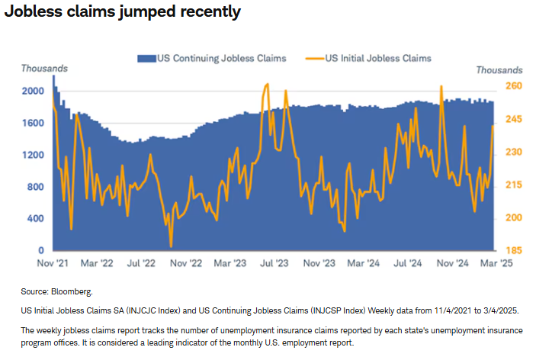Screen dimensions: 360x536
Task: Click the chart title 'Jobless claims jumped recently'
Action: [x=123, y=11]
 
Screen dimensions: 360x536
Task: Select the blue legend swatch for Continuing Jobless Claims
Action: [x=147, y=58]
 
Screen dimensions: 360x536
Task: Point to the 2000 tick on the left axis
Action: [x=32, y=91]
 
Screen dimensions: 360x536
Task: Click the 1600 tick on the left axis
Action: [x=32, y=123]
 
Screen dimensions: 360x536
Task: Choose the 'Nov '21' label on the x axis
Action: [x=53, y=263]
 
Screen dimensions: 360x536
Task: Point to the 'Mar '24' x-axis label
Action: [x=363, y=263]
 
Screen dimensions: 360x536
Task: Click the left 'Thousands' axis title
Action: [x=43, y=69]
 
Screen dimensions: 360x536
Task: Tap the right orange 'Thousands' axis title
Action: [x=499, y=69]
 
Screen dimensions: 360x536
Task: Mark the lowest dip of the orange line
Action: [x=171, y=246]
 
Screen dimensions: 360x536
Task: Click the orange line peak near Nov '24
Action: [x=441, y=86]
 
